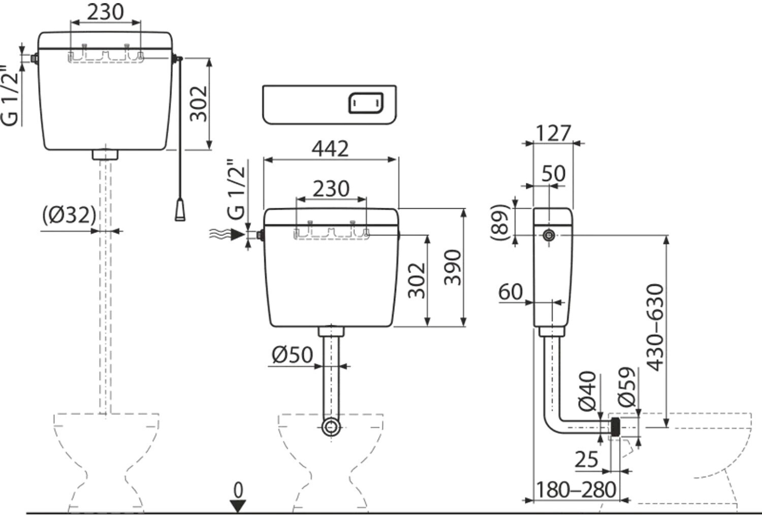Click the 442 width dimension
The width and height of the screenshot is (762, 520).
point(330,149)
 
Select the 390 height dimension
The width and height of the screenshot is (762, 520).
point(453,267)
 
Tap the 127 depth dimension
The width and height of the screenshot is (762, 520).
point(553,133)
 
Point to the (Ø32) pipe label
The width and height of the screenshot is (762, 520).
point(69,215)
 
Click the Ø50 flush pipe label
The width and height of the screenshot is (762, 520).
point(292,355)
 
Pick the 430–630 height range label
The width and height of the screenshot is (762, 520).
point(655,328)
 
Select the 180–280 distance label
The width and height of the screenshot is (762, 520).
point(576,490)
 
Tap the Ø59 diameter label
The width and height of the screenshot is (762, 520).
point(626,386)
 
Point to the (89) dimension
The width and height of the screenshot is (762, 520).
point(500,222)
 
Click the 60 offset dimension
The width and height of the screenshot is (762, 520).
point(511,292)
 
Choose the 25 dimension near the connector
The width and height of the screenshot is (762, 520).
point(586,460)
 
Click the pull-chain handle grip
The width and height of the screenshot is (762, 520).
point(180,210)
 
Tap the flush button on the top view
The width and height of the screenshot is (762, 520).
point(366,103)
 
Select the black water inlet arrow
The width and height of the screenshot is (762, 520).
point(237,234)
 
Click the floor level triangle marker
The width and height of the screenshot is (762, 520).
point(238,506)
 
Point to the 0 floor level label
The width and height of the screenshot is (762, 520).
point(238,490)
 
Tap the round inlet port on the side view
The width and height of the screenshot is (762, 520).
point(549,235)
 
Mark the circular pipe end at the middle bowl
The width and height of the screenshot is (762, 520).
point(331,427)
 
